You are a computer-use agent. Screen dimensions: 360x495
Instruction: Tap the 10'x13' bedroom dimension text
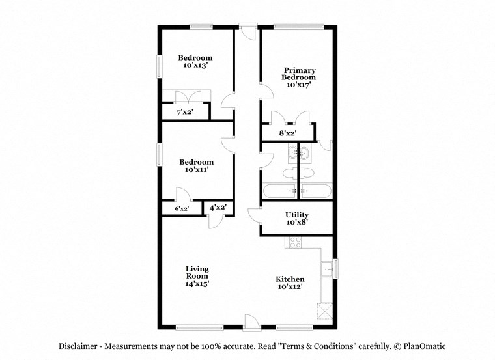[x=196, y=66]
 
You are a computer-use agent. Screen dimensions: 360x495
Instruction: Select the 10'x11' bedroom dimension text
[x=196, y=170]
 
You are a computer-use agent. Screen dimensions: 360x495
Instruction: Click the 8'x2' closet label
[x=288, y=134]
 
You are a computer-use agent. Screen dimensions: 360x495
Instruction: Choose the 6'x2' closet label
[x=181, y=209]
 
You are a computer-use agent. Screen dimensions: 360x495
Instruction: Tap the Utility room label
[x=297, y=215]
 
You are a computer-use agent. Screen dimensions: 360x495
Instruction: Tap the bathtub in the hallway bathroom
[x=279, y=191]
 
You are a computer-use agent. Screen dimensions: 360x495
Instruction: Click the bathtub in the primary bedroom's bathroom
[x=317, y=191]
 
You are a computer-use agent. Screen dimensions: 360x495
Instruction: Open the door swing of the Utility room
[x=255, y=215]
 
